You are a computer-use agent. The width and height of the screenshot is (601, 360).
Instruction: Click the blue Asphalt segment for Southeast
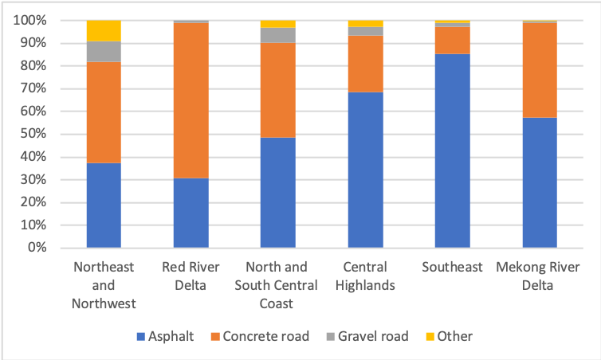tap(452, 151)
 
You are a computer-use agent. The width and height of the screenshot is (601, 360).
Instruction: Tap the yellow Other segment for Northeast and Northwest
tap(104, 30)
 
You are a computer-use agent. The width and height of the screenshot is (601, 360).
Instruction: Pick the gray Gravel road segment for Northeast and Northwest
tap(104, 51)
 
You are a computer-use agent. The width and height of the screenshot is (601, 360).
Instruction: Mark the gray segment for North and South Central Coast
tap(277, 35)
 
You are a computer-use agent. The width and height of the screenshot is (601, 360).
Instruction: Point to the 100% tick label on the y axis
tap(30, 20)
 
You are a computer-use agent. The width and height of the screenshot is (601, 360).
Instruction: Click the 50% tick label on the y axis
tap(33, 134)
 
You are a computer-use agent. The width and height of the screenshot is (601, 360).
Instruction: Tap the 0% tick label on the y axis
tap(37, 248)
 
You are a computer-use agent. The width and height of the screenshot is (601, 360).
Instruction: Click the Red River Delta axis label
tap(191, 275)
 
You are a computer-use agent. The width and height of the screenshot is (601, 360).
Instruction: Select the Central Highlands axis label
tap(365, 275)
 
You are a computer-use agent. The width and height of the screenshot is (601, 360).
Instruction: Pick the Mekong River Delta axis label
tap(539, 275)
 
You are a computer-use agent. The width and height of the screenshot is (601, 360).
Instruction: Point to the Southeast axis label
tap(452, 267)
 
